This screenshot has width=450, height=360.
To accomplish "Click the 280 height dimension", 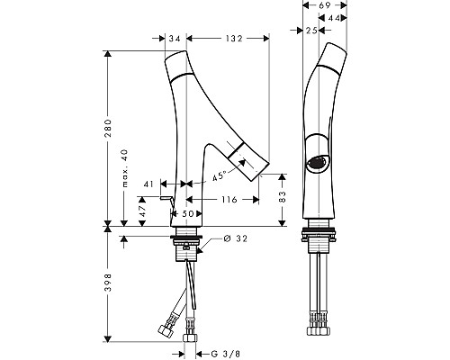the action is [108, 128].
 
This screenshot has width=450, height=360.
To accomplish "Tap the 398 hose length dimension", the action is [108, 283].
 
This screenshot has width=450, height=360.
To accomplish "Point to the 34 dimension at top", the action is [174, 39].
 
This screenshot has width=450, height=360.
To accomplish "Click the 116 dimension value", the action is [229, 200].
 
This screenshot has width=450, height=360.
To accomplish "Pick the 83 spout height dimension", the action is [282, 196].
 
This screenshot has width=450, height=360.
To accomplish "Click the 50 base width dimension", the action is [188, 213].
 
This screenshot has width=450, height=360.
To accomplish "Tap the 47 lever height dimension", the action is [142, 211].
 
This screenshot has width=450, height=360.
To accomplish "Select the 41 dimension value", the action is [148, 184].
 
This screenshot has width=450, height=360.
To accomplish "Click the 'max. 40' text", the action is [125, 168].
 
